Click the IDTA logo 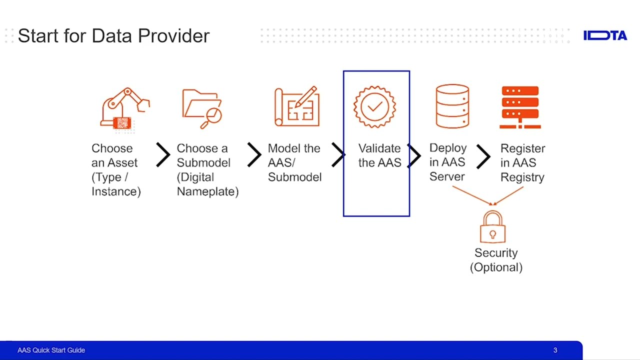(x=605, y=35)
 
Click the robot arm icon (x=124, y=108)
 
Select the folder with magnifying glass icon (x=202, y=108)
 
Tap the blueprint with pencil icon (x=297, y=106)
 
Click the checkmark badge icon (x=375, y=106)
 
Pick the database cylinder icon (x=452, y=106)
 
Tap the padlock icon (x=492, y=227)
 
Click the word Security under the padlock (x=496, y=253)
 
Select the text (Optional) (x=496, y=267)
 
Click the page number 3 (x=555, y=350)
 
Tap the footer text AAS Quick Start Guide (x=51, y=350)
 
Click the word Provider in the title (x=173, y=36)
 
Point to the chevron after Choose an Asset (x=163, y=155)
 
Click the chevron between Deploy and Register (x=483, y=156)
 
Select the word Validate (x=379, y=148)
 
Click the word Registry (x=522, y=177)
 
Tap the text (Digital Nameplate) (x=207, y=184)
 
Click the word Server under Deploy (x=447, y=177)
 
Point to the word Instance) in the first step (x=116, y=191)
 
